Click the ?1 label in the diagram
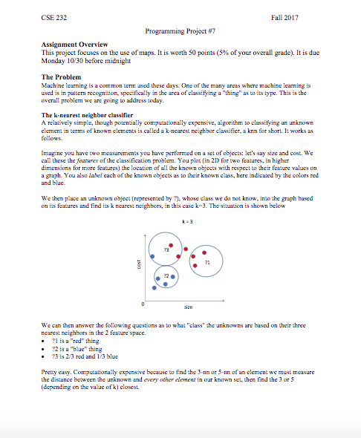tap(208, 262)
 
